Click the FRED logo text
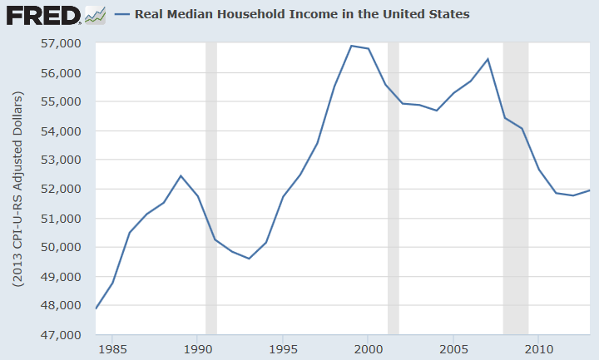coord(42,15)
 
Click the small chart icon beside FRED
coord(95,15)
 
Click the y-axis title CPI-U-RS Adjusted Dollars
coord(17,189)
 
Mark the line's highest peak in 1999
coord(351,46)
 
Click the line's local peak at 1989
coord(181,175)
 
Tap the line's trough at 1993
coord(249,259)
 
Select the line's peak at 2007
coord(488,59)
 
